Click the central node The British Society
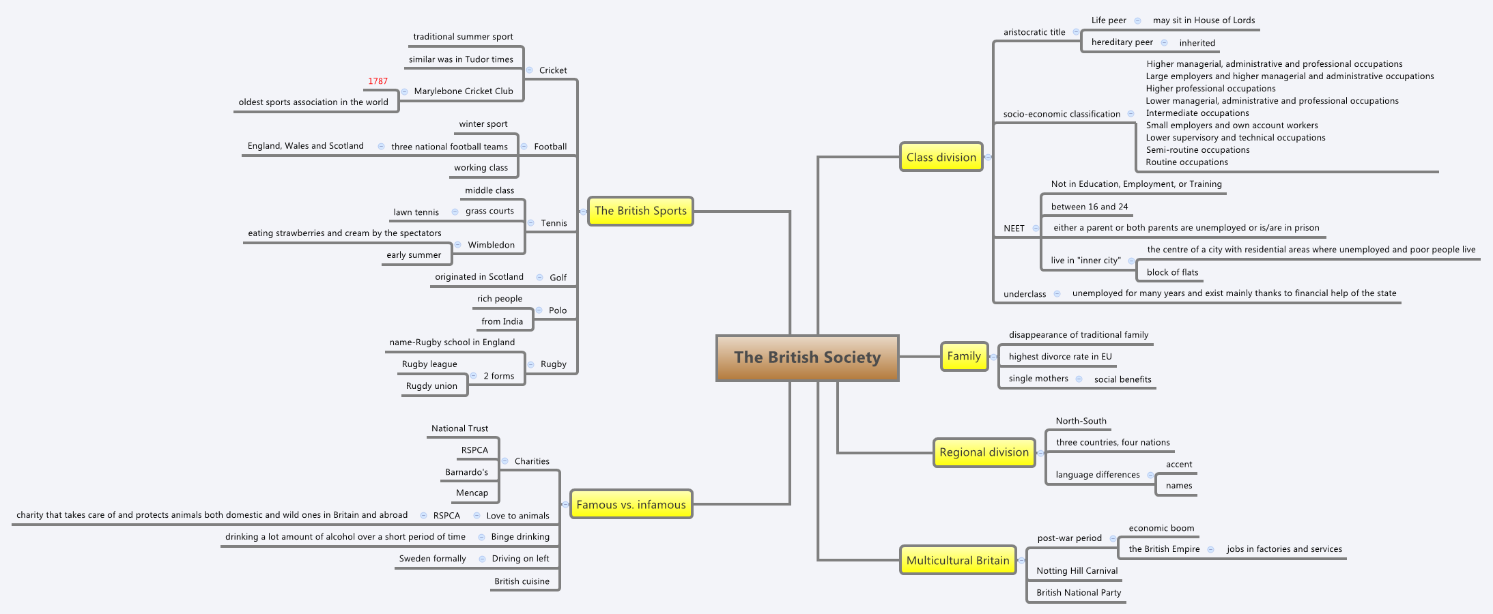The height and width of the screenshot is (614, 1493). point(807,357)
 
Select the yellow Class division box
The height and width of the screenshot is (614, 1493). point(941,157)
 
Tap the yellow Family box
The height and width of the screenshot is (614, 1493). point(964,356)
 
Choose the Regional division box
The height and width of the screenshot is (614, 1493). point(984,452)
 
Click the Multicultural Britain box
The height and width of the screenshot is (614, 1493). point(957,560)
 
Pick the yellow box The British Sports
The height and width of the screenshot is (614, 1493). point(640,211)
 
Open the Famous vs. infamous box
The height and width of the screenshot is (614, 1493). point(631,504)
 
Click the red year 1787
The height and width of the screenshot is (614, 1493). point(378,81)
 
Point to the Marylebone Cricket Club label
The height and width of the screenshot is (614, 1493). point(463,91)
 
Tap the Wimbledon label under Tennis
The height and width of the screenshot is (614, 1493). point(491,245)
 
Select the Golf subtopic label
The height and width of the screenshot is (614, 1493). point(558,278)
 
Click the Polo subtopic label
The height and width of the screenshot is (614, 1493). point(558,310)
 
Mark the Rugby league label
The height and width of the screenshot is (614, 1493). point(429,364)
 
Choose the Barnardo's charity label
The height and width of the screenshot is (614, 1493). point(466,472)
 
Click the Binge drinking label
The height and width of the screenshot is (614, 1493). point(520,537)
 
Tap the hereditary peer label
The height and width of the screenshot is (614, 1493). point(1122,42)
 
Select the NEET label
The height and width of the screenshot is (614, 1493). point(1014,229)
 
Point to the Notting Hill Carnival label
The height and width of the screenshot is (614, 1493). point(1077,571)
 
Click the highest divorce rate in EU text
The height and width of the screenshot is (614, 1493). point(1060,357)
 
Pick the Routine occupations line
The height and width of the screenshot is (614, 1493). point(1186,162)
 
